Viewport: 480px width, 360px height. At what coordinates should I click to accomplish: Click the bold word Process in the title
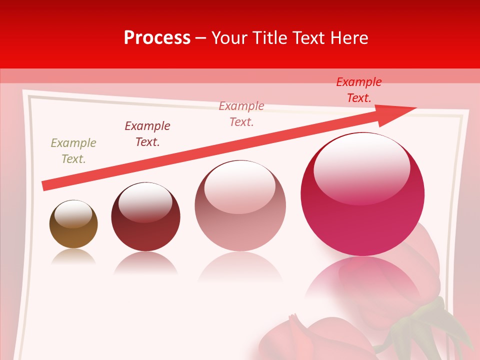(157, 37)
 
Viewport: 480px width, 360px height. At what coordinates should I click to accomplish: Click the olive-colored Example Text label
(73, 150)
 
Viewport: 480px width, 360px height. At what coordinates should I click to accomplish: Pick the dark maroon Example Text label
(147, 133)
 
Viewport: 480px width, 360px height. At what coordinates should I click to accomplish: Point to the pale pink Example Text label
(241, 113)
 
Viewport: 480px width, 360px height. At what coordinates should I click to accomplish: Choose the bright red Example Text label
(359, 89)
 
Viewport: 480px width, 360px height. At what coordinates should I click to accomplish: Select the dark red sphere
(145, 222)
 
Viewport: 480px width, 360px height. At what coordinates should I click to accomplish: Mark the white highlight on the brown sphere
(73, 214)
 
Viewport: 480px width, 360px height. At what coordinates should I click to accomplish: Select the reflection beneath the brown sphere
(73, 257)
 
